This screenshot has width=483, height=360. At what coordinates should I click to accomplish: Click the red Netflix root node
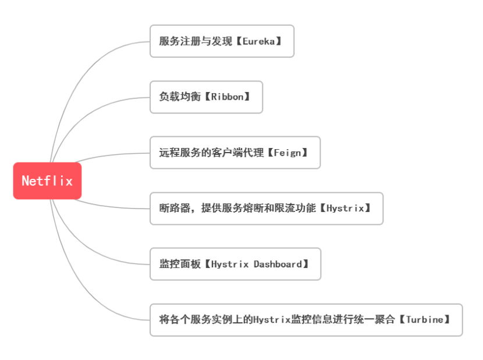tap(47, 181)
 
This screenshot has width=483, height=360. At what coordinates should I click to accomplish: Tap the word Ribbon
tap(227, 97)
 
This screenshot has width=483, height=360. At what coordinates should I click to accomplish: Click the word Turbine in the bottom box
tap(428, 320)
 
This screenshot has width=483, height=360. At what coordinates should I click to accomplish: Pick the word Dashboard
tap(278, 264)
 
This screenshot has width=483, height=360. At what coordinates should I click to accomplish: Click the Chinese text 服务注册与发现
tap(196, 41)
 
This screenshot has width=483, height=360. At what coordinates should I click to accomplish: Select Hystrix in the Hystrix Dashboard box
tap(229, 264)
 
